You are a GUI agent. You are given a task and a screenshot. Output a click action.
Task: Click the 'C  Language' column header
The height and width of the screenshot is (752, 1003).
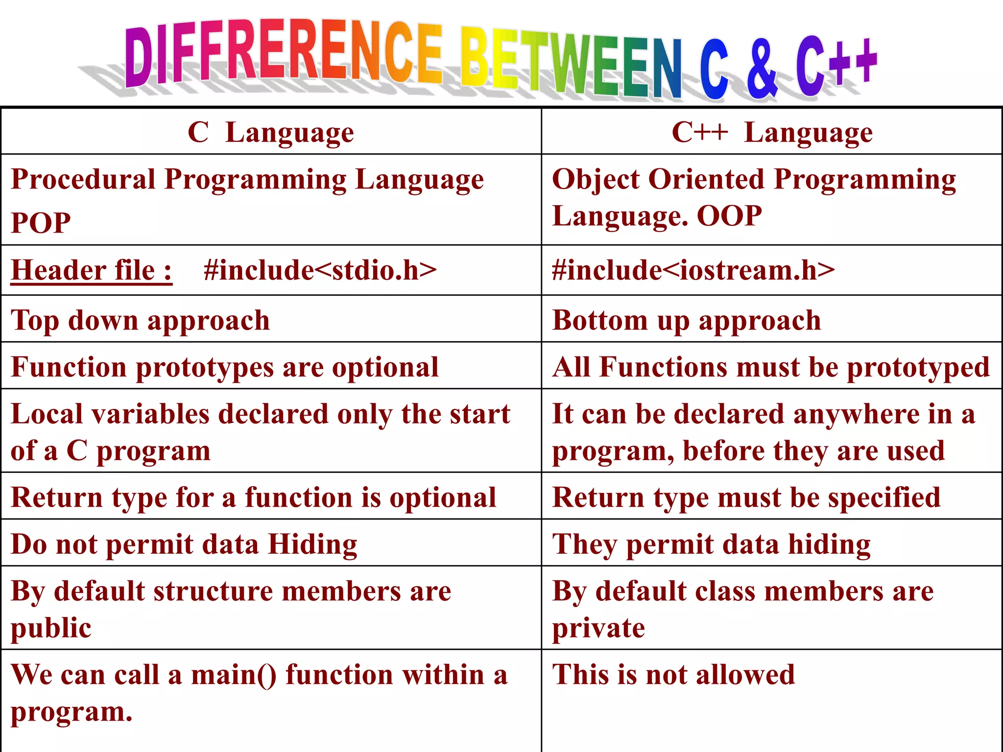click(x=271, y=133)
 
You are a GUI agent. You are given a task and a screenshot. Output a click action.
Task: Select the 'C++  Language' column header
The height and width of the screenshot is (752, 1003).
click(x=772, y=133)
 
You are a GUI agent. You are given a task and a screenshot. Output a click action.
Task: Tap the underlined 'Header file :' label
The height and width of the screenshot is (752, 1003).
click(x=92, y=270)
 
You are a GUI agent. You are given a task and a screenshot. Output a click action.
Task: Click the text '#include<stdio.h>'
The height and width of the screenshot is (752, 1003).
click(x=320, y=270)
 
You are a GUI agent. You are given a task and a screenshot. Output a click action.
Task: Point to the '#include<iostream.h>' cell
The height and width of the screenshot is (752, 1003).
click(x=693, y=270)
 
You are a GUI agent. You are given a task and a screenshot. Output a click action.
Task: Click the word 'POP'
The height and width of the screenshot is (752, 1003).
click(x=41, y=223)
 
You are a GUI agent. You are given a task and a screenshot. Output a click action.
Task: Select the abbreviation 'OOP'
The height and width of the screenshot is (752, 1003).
click(x=729, y=216)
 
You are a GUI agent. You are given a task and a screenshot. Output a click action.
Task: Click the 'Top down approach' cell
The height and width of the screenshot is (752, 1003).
click(x=141, y=321)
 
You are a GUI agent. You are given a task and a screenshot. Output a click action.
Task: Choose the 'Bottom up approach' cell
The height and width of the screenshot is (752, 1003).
click(x=687, y=321)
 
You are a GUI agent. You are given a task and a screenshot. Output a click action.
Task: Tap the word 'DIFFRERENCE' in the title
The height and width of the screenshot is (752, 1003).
click(x=284, y=54)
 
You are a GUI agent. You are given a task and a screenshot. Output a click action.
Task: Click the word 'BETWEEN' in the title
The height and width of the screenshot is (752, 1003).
click(x=571, y=64)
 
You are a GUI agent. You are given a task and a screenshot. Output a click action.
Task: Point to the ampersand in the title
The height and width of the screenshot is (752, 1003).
click(x=762, y=69)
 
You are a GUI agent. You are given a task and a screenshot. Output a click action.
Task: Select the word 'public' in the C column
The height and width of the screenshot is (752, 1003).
click(x=51, y=628)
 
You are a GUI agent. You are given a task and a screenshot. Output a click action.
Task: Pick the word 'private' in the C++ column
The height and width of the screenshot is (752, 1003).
click(x=598, y=628)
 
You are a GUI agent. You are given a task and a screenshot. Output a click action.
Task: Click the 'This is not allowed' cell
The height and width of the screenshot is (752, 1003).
click(x=673, y=675)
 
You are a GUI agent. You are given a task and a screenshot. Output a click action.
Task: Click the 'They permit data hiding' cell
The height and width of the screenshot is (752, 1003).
click(x=711, y=544)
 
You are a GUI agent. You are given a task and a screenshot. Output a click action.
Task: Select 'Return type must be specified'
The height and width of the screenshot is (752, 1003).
click(x=746, y=497)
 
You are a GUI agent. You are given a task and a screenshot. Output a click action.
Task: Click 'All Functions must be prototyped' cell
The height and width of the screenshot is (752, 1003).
click(x=771, y=367)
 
